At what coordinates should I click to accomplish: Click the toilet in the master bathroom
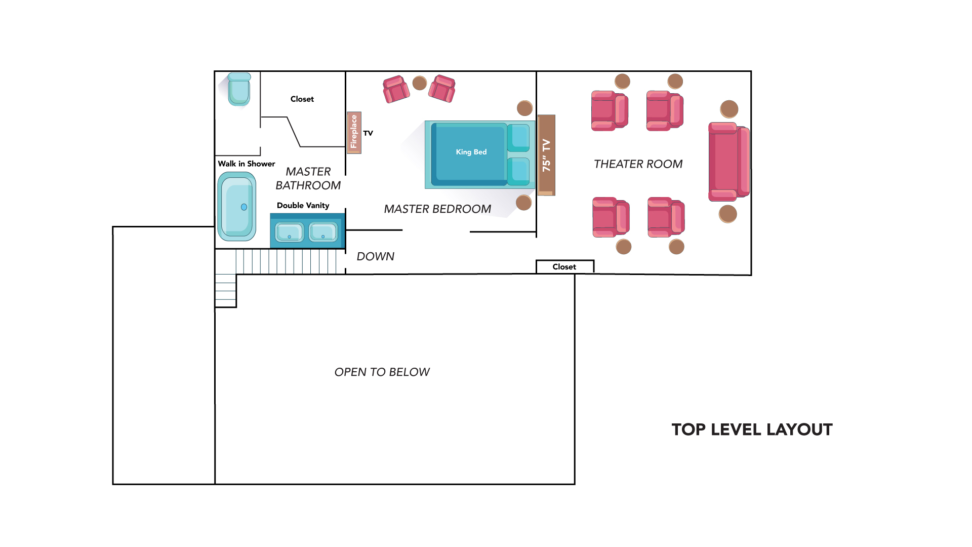point(239,89)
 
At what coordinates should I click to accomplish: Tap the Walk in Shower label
point(247,164)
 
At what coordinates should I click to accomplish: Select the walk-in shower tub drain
point(244,207)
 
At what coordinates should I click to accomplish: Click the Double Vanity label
point(303,205)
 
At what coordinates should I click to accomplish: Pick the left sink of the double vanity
point(289,232)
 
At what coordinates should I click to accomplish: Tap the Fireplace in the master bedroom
point(354,132)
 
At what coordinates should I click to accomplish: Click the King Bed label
point(471,152)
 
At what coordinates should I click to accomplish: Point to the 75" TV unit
point(546,155)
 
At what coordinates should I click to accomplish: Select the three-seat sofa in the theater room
point(729,162)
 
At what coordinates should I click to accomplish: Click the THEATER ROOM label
point(638,164)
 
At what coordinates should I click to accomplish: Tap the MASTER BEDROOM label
point(437,209)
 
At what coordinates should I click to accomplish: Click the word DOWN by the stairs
point(375,256)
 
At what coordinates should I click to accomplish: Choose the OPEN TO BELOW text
point(382,372)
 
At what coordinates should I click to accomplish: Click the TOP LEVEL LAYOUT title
point(752,429)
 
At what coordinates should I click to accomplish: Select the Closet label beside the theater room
point(564,267)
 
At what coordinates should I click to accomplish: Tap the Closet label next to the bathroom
point(302,99)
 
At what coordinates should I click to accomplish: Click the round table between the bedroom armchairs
point(420,83)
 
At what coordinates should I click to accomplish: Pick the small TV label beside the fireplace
point(368,133)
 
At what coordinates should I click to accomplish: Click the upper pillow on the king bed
point(518,138)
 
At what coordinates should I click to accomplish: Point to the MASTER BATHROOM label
point(308,179)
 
